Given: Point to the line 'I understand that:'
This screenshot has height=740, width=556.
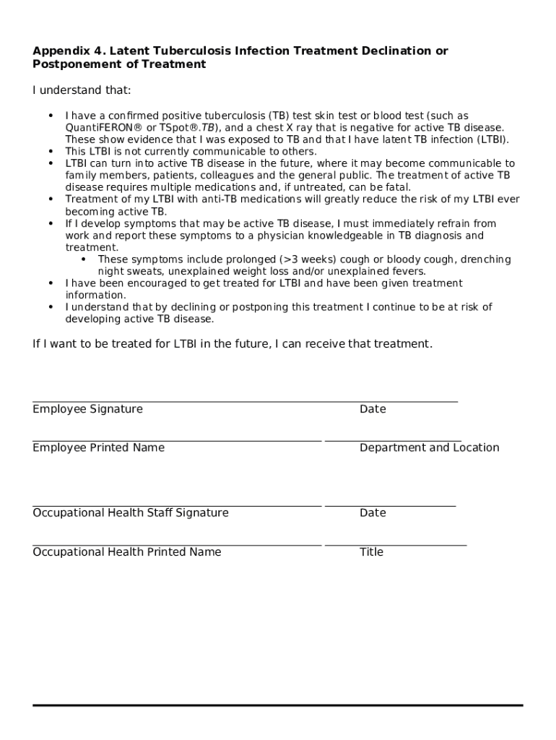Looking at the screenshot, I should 82,90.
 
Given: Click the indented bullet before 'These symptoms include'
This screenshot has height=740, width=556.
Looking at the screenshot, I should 83,259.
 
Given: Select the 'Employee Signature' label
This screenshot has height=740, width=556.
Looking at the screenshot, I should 87,409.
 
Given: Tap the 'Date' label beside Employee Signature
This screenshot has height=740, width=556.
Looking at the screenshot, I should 373,409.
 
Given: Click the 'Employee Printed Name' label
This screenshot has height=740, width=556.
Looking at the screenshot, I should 98,447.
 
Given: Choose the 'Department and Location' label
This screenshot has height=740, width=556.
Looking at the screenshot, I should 429,447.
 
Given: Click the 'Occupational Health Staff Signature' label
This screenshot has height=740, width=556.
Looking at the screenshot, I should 130,512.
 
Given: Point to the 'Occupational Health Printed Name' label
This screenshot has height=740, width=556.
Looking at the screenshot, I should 126,552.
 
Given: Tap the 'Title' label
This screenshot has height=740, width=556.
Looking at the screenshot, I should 371,552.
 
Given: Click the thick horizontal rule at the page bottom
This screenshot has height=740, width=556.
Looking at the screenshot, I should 277,705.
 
